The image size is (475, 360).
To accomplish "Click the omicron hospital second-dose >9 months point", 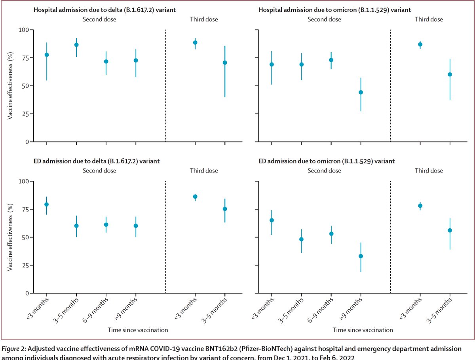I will tap(361, 92).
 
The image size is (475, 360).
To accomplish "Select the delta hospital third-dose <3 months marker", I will tap(195, 42).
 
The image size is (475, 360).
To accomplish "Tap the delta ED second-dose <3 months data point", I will tap(47, 204).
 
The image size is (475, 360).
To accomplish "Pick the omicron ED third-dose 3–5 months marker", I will tap(450, 230).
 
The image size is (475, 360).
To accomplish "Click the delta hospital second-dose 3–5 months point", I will tap(76, 45).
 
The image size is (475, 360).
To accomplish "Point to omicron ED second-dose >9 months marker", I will tap(361, 256).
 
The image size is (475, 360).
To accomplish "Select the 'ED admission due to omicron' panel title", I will tap(327, 161).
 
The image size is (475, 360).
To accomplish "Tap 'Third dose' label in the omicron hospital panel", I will tap(429, 19).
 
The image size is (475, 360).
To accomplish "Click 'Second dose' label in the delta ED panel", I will tap(99, 171).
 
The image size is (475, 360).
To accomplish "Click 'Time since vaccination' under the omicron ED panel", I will tap(363, 330).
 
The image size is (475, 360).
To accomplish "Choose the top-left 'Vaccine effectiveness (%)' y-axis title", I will tap(11, 85).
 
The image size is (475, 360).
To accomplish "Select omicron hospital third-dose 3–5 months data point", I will tap(450, 74).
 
